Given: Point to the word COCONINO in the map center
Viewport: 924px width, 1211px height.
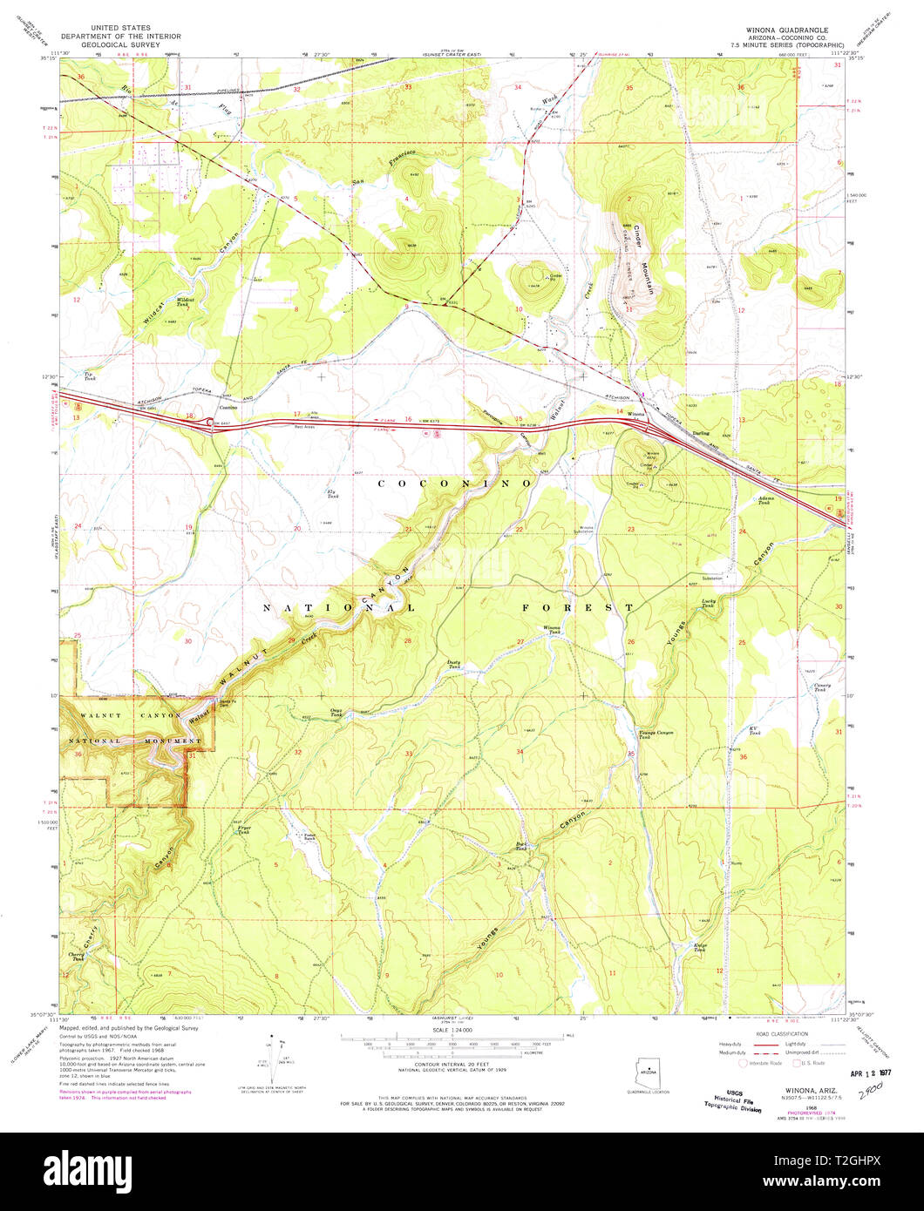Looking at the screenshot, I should tap(454, 482).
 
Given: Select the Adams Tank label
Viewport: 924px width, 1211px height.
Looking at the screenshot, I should tap(764, 502).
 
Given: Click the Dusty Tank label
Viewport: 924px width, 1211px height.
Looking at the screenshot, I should tap(453, 665).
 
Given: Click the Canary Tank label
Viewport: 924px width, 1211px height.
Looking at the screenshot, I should tap(822, 687).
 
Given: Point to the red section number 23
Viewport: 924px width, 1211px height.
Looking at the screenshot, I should tap(630, 530).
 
